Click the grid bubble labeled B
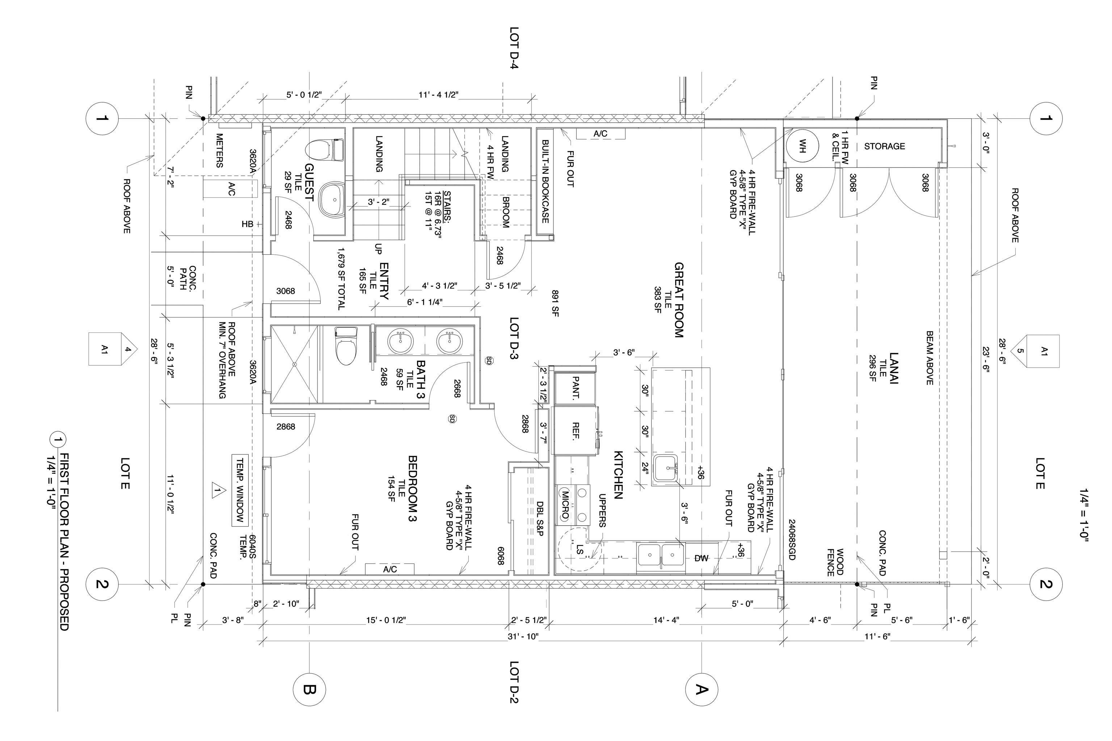[x=309, y=690]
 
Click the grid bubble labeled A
[x=701, y=690]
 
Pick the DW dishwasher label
[x=702, y=558]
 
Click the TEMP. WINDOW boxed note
[x=240, y=491]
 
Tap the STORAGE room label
[x=885, y=147]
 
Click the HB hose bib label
[x=248, y=224]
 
